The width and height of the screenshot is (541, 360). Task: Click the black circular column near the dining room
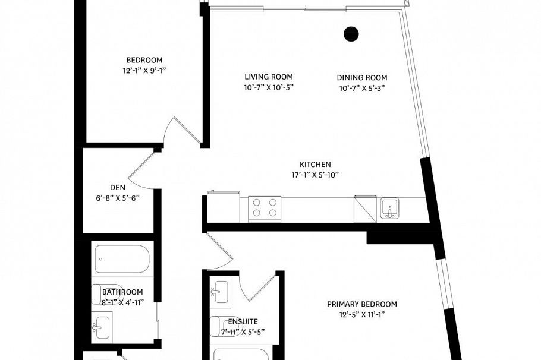point(351,34)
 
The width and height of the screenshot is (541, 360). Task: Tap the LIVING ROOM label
point(269,77)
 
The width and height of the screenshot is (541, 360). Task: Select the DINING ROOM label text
point(362,78)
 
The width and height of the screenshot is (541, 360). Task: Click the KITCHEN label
point(315,165)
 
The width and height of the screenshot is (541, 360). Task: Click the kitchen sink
point(389,209)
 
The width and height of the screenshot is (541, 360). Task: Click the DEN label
point(117,187)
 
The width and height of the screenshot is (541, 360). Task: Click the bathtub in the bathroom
point(121,259)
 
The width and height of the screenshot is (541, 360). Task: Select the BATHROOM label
point(122,292)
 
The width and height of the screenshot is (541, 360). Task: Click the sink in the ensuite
point(221,292)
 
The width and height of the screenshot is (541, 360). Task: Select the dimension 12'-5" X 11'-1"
point(362,315)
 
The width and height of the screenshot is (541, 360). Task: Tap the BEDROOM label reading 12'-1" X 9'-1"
point(144,60)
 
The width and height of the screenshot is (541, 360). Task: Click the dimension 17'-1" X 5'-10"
point(315,175)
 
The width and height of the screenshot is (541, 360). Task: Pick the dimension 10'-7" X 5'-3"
point(362,88)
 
